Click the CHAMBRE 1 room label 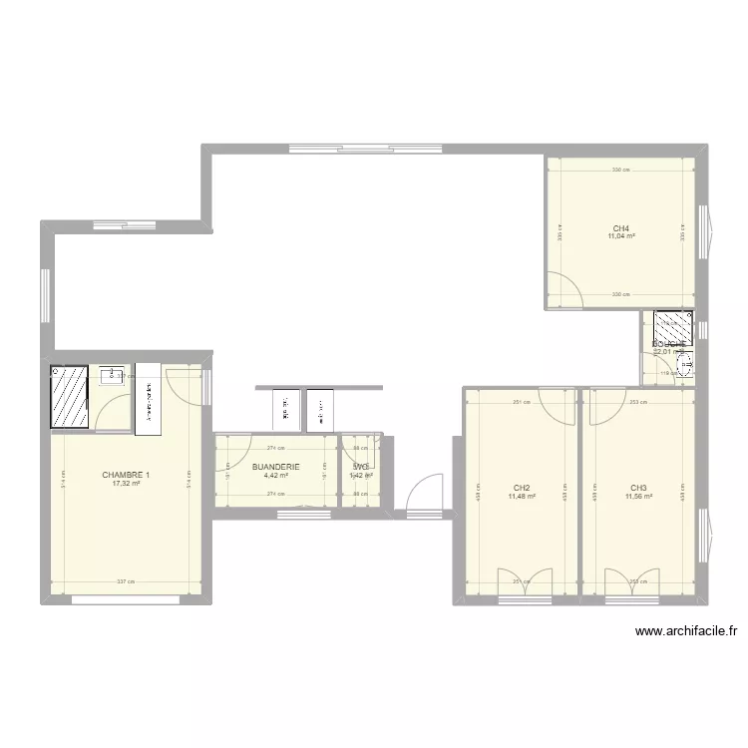[126, 475]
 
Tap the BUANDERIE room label [276, 466]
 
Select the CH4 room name [621, 228]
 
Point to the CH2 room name [522, 488]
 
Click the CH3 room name [638, 488]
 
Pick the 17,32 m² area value [126, 484]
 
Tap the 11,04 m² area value [621, 237]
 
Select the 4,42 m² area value [276, 475]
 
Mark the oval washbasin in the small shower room [685, 367]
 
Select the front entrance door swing [425, 493]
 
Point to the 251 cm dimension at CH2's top [522, 403]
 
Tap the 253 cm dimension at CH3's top [638, 403]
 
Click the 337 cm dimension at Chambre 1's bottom [126, 582]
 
